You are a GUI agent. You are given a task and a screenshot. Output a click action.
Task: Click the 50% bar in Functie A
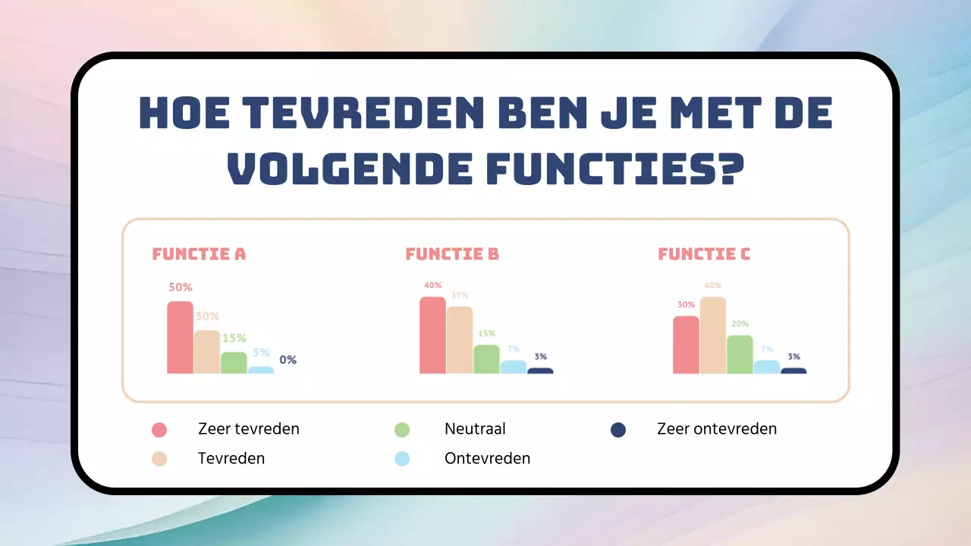click(x=180, y=337)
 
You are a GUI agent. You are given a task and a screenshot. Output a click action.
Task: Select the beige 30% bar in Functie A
click(x=207, y=352)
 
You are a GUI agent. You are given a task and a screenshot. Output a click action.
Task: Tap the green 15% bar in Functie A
click(x=234, y=362)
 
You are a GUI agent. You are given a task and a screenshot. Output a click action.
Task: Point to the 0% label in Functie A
click(x=288, y=360)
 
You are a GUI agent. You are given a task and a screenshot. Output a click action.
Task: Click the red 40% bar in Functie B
click(x=432, y=335)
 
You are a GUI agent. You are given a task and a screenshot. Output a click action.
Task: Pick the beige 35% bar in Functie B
click(x=460, y=340)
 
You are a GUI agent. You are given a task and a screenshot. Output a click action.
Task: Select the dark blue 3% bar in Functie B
click(x=540, y=371)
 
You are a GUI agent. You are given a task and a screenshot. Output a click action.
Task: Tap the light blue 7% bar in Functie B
click(x=513, y=367)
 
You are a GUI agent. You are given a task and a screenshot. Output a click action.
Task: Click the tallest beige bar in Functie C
click(x=713, y=335)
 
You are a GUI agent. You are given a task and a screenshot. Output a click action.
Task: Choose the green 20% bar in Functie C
click(x=740, y=354)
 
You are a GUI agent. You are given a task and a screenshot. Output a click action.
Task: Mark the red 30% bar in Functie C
click(x=686, y=345)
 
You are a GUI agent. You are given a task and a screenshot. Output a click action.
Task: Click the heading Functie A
click(x=199, y=254)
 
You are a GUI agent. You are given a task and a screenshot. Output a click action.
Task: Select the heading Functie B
click(x=452, y=254)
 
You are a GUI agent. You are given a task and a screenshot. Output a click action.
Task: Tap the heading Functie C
click(x=704, y=254)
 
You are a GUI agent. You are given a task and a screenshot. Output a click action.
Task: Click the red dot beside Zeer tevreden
click(x=159, y=430)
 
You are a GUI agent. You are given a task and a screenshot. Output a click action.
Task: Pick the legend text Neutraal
click(x=475, y=429)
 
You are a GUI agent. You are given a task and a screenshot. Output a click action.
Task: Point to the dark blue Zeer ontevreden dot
click(x=618, y=430)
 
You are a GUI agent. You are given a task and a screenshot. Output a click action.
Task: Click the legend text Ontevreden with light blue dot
click(x=487, y=459)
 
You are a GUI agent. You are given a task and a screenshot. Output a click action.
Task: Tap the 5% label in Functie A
click(x=261, y=353)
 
